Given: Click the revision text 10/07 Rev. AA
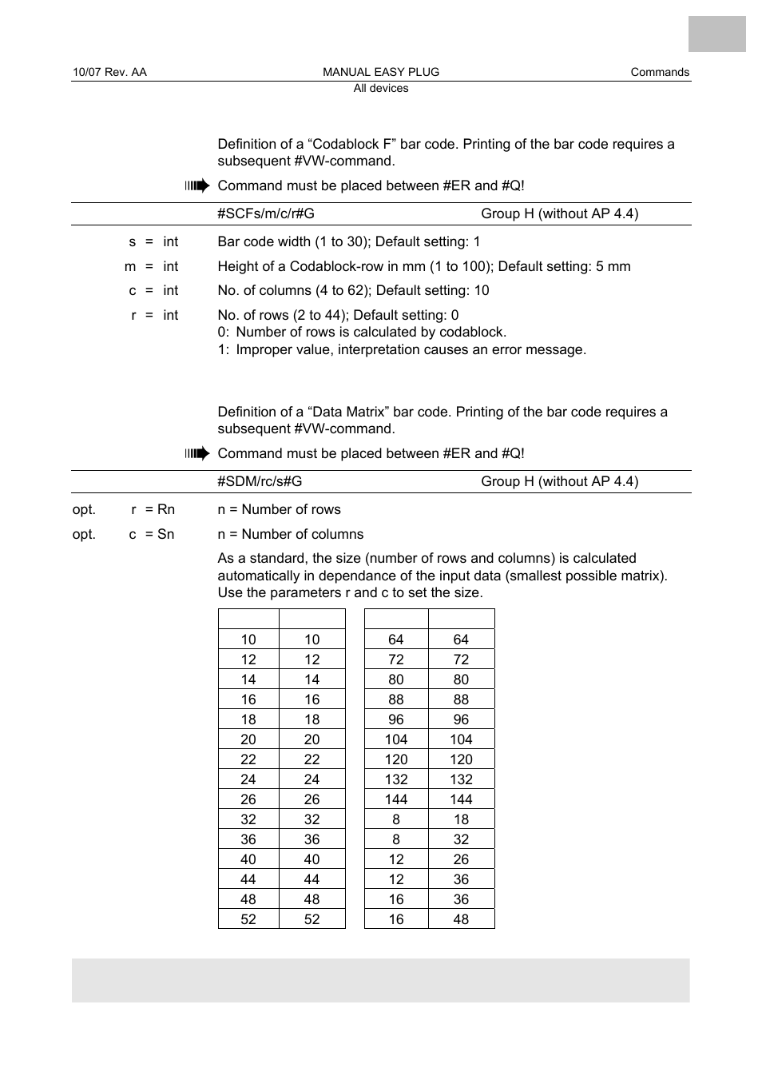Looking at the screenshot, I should tap(109, 72).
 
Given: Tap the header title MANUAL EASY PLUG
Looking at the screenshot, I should tap(381, 72).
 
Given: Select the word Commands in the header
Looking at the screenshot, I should tap(660, 72).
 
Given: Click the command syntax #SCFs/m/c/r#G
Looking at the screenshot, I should tap(266, 213).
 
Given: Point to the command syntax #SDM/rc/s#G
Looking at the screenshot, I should tap(260, 481).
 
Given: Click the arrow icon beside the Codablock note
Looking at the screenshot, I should tap(196, 185).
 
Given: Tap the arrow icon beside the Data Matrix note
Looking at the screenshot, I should tap(196, 453).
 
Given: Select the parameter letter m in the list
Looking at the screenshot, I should tap(130, 266).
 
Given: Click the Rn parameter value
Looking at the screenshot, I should tap(165, 509).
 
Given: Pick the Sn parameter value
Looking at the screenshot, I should tap(165, 534).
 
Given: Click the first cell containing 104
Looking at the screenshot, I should tap(396, 739).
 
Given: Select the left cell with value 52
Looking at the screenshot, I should tap(248, 919).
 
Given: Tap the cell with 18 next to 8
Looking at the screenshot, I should tap(461, 819).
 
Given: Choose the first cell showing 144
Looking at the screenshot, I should tap(396, 799).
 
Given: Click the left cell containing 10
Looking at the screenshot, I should tap(248, 640).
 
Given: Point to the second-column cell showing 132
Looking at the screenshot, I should tap(461, 779).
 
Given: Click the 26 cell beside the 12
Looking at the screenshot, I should tap(461, 859).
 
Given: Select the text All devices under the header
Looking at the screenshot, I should tap(381, 88).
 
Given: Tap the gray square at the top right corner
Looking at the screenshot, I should tap(716, 34).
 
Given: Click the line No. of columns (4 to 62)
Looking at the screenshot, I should tap(353, 290).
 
